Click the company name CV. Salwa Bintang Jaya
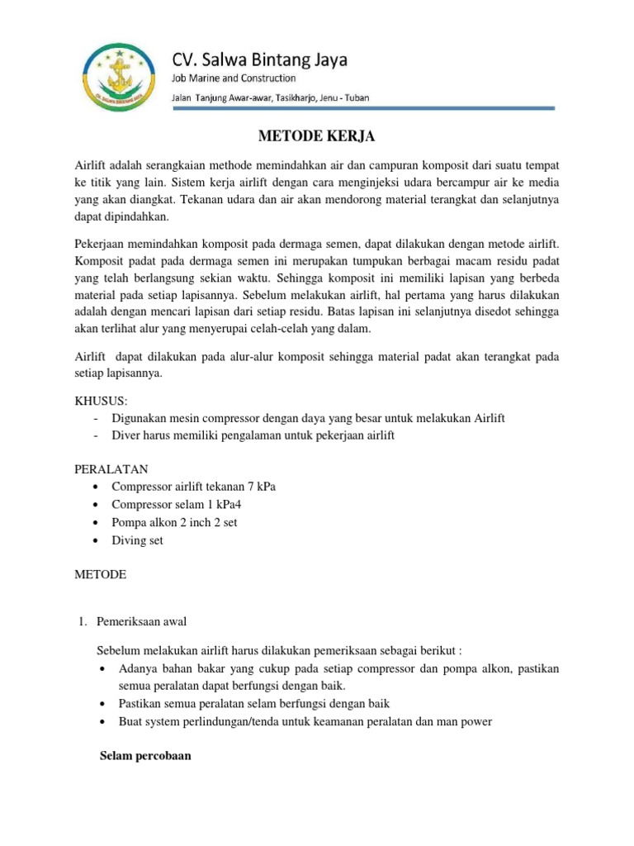tap(259, 59)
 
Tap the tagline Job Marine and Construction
tap(233, 78)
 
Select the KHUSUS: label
tap(102, 400)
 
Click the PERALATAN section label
tap(111, 468)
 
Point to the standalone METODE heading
tap(101, 575)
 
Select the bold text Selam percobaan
tap(144, 755)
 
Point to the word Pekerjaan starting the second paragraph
tap(102, 245)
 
